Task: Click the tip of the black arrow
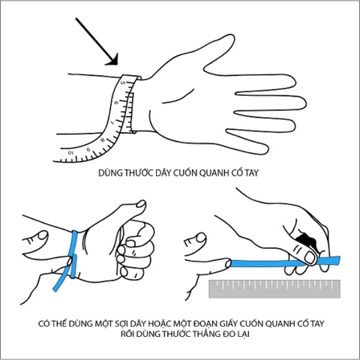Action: point(117,64)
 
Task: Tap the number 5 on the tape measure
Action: point(122,83)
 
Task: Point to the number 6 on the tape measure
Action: point(115,103)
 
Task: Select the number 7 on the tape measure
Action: point(112,122)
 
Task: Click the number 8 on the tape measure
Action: point(102,140)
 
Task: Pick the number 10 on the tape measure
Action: point(70,152)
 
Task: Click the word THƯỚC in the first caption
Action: point(138,172)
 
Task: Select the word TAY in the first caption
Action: point(251,173)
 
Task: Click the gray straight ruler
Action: point(274,289)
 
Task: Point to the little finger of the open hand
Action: point(247,142)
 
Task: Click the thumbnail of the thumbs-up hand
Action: point(142,204)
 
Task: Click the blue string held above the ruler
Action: point(285,262)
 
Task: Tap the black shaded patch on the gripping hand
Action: point(306,239)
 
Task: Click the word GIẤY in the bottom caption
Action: point(228,324)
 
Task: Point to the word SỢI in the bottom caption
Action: point(122,324)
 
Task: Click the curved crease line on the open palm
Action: point(177,96)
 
